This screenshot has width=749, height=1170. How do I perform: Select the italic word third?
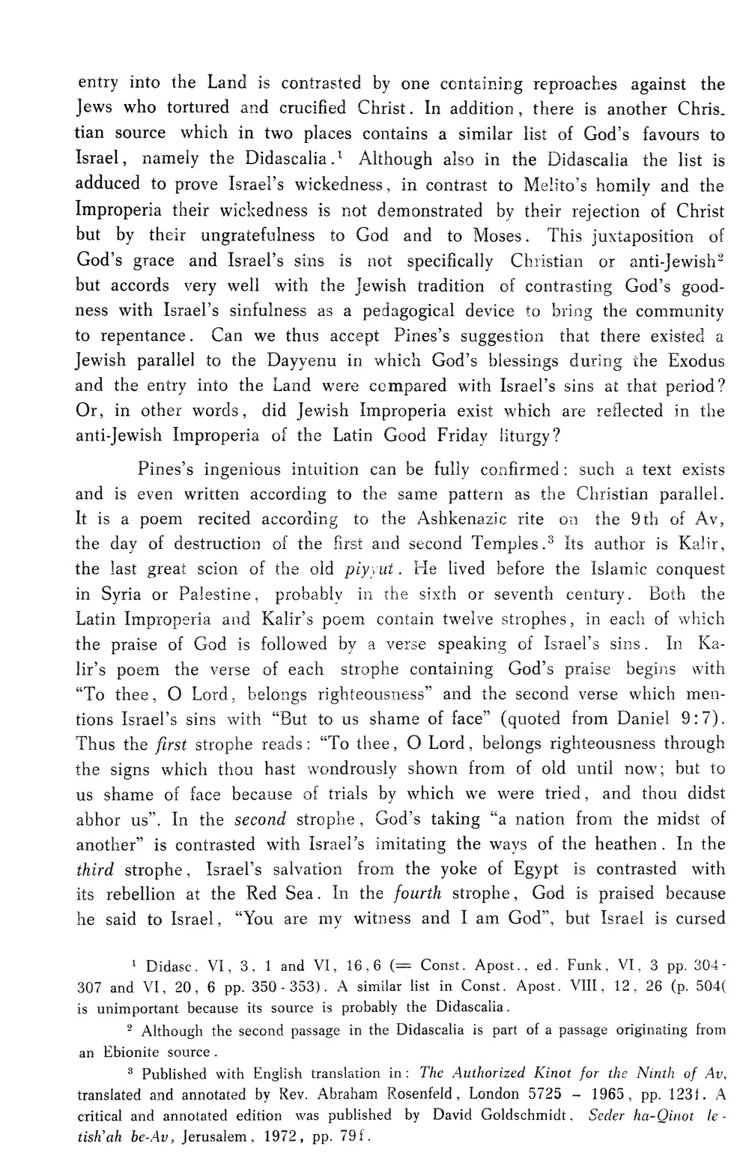(x=94, y=869)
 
